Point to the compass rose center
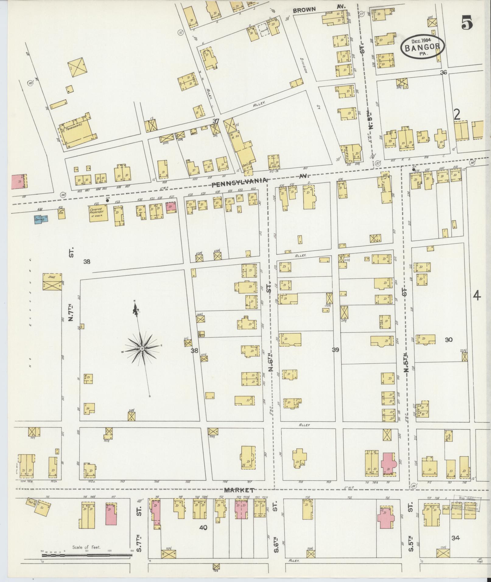[x=142, y=348]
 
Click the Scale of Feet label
[x=87, y=547]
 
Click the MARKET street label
[x=239, y=490]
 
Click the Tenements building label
[x=73, y=129]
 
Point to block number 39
[x=335, y=350]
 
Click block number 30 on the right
[x=449, y=340]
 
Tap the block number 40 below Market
[x=203, y=528]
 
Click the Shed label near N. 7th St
[x=51, y=277]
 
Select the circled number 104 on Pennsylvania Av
[x=63, y=194]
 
